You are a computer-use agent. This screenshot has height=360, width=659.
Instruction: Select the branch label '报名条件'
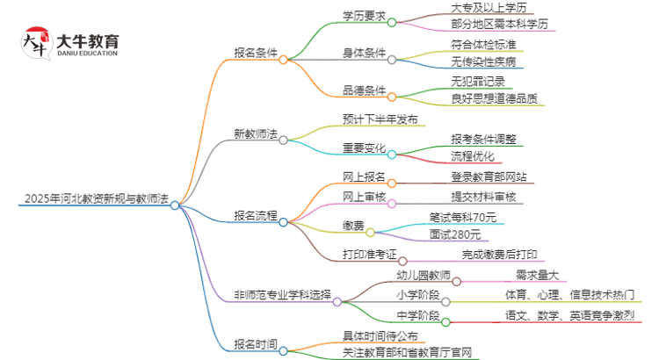click(x=256, y=52)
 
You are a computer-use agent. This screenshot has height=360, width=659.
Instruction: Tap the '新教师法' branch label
click(x=256, y=134)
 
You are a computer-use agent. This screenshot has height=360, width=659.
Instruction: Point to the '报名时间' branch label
click(x=256, y=343)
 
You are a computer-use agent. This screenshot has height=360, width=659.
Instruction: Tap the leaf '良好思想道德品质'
click(x=495, y=98)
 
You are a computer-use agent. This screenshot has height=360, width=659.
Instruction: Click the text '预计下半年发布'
click(x=380, y=119)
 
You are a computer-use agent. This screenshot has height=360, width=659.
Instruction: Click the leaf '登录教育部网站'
click(x=490, y=176)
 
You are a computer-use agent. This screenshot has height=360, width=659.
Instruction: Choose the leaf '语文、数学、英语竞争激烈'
click(x=569, y=314)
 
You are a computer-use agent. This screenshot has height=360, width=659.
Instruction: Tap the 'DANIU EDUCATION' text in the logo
click(x=87, y=54)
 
